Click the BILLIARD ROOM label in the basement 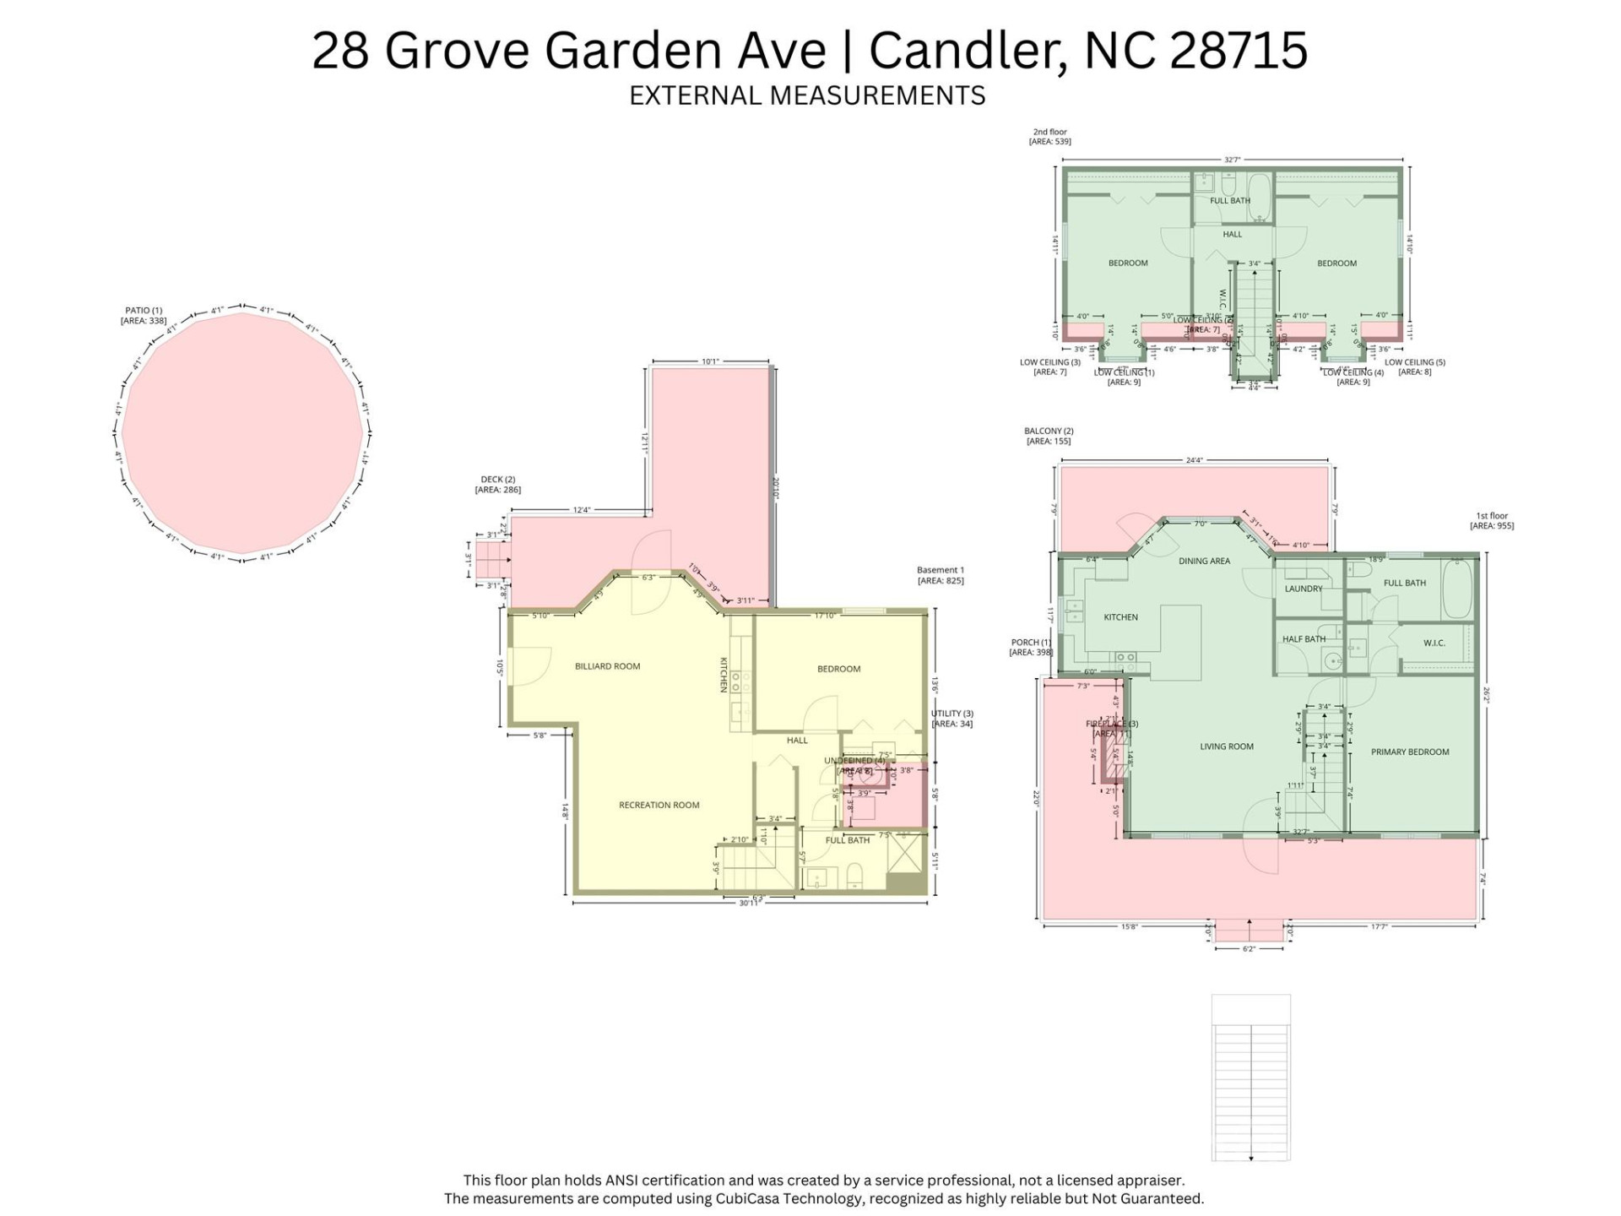click(x=607, y=666)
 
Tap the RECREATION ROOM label click(x=659, y=805)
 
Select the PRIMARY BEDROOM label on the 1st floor click(x=1409, y=752)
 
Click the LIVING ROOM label click(x=1226, y=746)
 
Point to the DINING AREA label click(x=1204, y=561)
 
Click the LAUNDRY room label click(x=1303, y=589)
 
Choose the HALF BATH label click(x=1304, y=639)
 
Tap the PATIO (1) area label click(x=144, y=315)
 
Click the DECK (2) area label click(x=497, y=485)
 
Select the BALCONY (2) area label click(x=1049, y=436)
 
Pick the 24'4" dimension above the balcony click(x=1194, y=460)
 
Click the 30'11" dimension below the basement click(x=748, y=904)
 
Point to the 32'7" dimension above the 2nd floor click(x=1232, y=160)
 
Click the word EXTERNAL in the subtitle click(x=696, y=95)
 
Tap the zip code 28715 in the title click(x=1239, y=50)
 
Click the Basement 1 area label click(x=940, y=575)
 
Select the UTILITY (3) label click(x=951, y=719)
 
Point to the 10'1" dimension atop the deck click(x=710, y=361)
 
